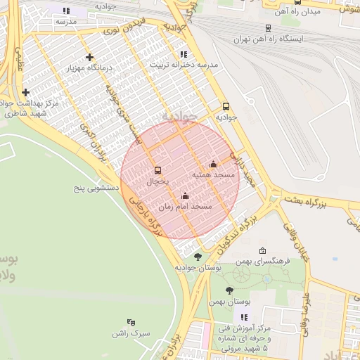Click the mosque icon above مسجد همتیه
pyautogui.click(x=214, y=165)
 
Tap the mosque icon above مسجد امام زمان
pyautogui.click(x=185, y=196)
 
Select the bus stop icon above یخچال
pyautogui.click(x=157, y=170)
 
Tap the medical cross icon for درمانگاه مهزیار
pyautogui.click(x=89, y=58)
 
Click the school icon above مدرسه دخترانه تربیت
pyautogui.click(x=184, y=54)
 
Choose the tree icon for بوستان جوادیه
pyautogui.click(x=198, y=257)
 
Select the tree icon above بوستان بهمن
pyautogui.click(x=229, y=290)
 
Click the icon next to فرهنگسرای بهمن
pyautogui.click(x=262, y=251)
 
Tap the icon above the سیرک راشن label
pyautogui.click(x=131, y=323)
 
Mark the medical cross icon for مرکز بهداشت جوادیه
pyautogui.click(x=26, y=92)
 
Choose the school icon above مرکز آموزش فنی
pyautogui.click(x=243, y=318)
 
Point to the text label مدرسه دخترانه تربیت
pyautogui.click(x=188, y=65)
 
